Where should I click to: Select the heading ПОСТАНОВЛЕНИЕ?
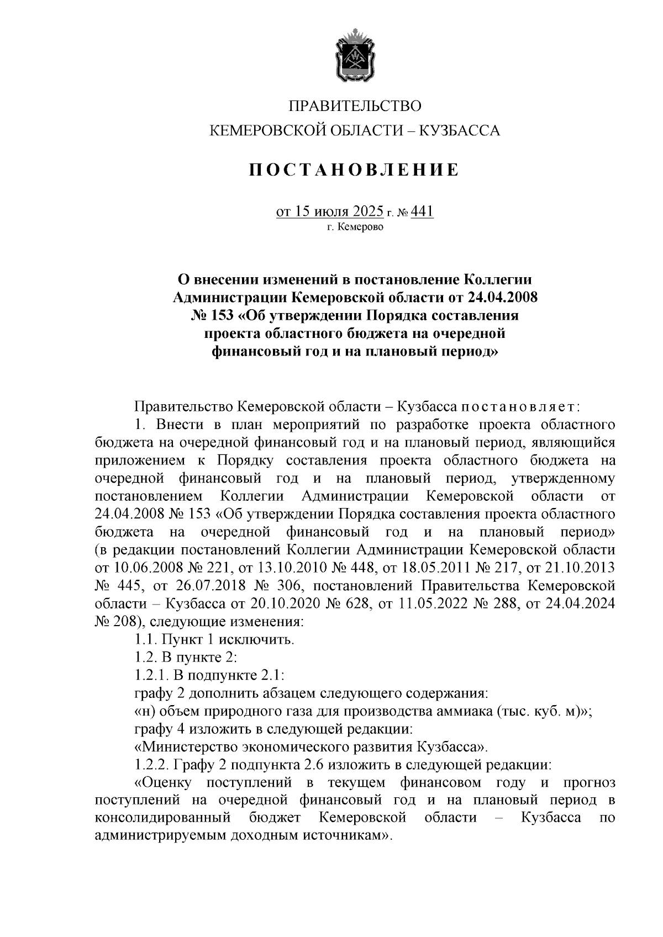pos(354,170)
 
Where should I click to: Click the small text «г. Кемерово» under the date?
pos(355,226)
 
